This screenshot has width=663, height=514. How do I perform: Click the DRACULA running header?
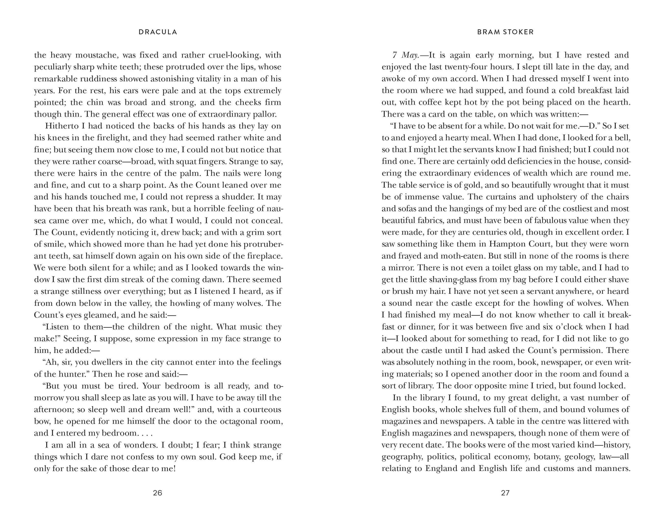[158, 32]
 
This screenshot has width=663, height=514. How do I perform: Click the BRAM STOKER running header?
[505, 32]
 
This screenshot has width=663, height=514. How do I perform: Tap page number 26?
[158, 493]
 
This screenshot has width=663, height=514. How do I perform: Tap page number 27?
[505, 493]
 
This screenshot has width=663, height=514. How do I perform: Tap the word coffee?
[430, 102]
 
